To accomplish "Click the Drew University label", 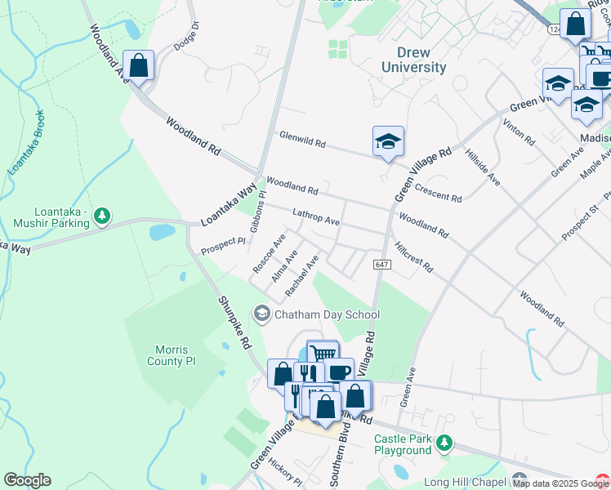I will tap(415, 60).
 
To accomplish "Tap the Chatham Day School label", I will tap(327, 314).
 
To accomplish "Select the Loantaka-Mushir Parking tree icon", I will tap(102, 216).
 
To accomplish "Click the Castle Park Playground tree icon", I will tap(444, 443).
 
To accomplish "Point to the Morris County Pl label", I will tap(172, 354).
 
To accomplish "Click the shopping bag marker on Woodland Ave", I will tap(139, 65).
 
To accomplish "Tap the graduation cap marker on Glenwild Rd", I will tap(389, 141).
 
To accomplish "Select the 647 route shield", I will tap(382, 265).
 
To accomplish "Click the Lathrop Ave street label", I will tap(316, 216).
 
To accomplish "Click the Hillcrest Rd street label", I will tap(413, 256).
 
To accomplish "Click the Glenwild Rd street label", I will tap(301, 140).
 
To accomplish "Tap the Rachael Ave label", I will tap(301, 275).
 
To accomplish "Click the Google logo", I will tap(27, 480).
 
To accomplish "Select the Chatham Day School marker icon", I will tap(262, 314).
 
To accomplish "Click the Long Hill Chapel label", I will tap(465, 481).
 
